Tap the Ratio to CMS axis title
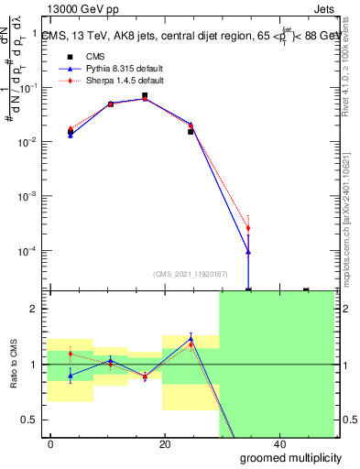pos(15,365)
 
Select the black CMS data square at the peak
pos(145,95)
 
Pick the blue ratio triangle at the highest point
pos(191,338)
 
